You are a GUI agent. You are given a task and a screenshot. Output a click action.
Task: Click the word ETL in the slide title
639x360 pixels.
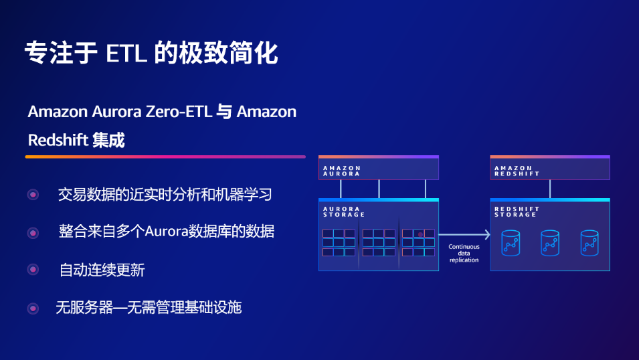[126, 54]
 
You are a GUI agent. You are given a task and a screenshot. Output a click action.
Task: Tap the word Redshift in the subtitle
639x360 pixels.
[58, 141]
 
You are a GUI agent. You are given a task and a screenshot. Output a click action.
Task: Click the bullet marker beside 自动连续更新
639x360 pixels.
[33, 270]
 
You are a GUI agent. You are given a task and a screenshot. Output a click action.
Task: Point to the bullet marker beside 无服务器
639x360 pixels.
[33, 308]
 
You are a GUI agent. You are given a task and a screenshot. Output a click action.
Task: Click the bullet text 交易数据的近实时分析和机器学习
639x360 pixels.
[165, 195]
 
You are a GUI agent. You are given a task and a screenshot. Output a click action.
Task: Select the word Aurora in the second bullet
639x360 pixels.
[166, 232]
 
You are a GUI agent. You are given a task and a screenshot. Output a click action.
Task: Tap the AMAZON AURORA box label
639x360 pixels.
[341, 171]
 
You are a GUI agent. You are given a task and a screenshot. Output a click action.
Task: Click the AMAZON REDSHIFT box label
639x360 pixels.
[517, 171]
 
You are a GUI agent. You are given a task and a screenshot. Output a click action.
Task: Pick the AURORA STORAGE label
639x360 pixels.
[343, 211]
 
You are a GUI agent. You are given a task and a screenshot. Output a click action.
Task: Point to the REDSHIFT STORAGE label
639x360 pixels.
[517, 211]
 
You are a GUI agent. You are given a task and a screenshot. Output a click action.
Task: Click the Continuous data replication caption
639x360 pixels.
[464, 253]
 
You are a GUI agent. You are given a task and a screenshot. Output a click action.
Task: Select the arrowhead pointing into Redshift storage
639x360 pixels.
[487, 234]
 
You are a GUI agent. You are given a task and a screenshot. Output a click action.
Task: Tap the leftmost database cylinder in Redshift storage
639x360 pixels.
[511, 243]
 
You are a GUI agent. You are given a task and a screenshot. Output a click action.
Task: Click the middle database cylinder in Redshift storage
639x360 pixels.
[550, 243]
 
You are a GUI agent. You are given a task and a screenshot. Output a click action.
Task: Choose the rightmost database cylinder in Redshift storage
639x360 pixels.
[589, 243]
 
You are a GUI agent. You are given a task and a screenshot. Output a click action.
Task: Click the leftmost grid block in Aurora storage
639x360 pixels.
[339, 243]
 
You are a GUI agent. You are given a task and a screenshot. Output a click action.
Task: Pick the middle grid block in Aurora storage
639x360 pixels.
[379, 243]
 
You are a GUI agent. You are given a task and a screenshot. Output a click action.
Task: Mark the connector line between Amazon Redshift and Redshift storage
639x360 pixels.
[550, 189]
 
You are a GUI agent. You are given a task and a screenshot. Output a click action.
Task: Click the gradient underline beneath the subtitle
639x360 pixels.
[165, 157]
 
